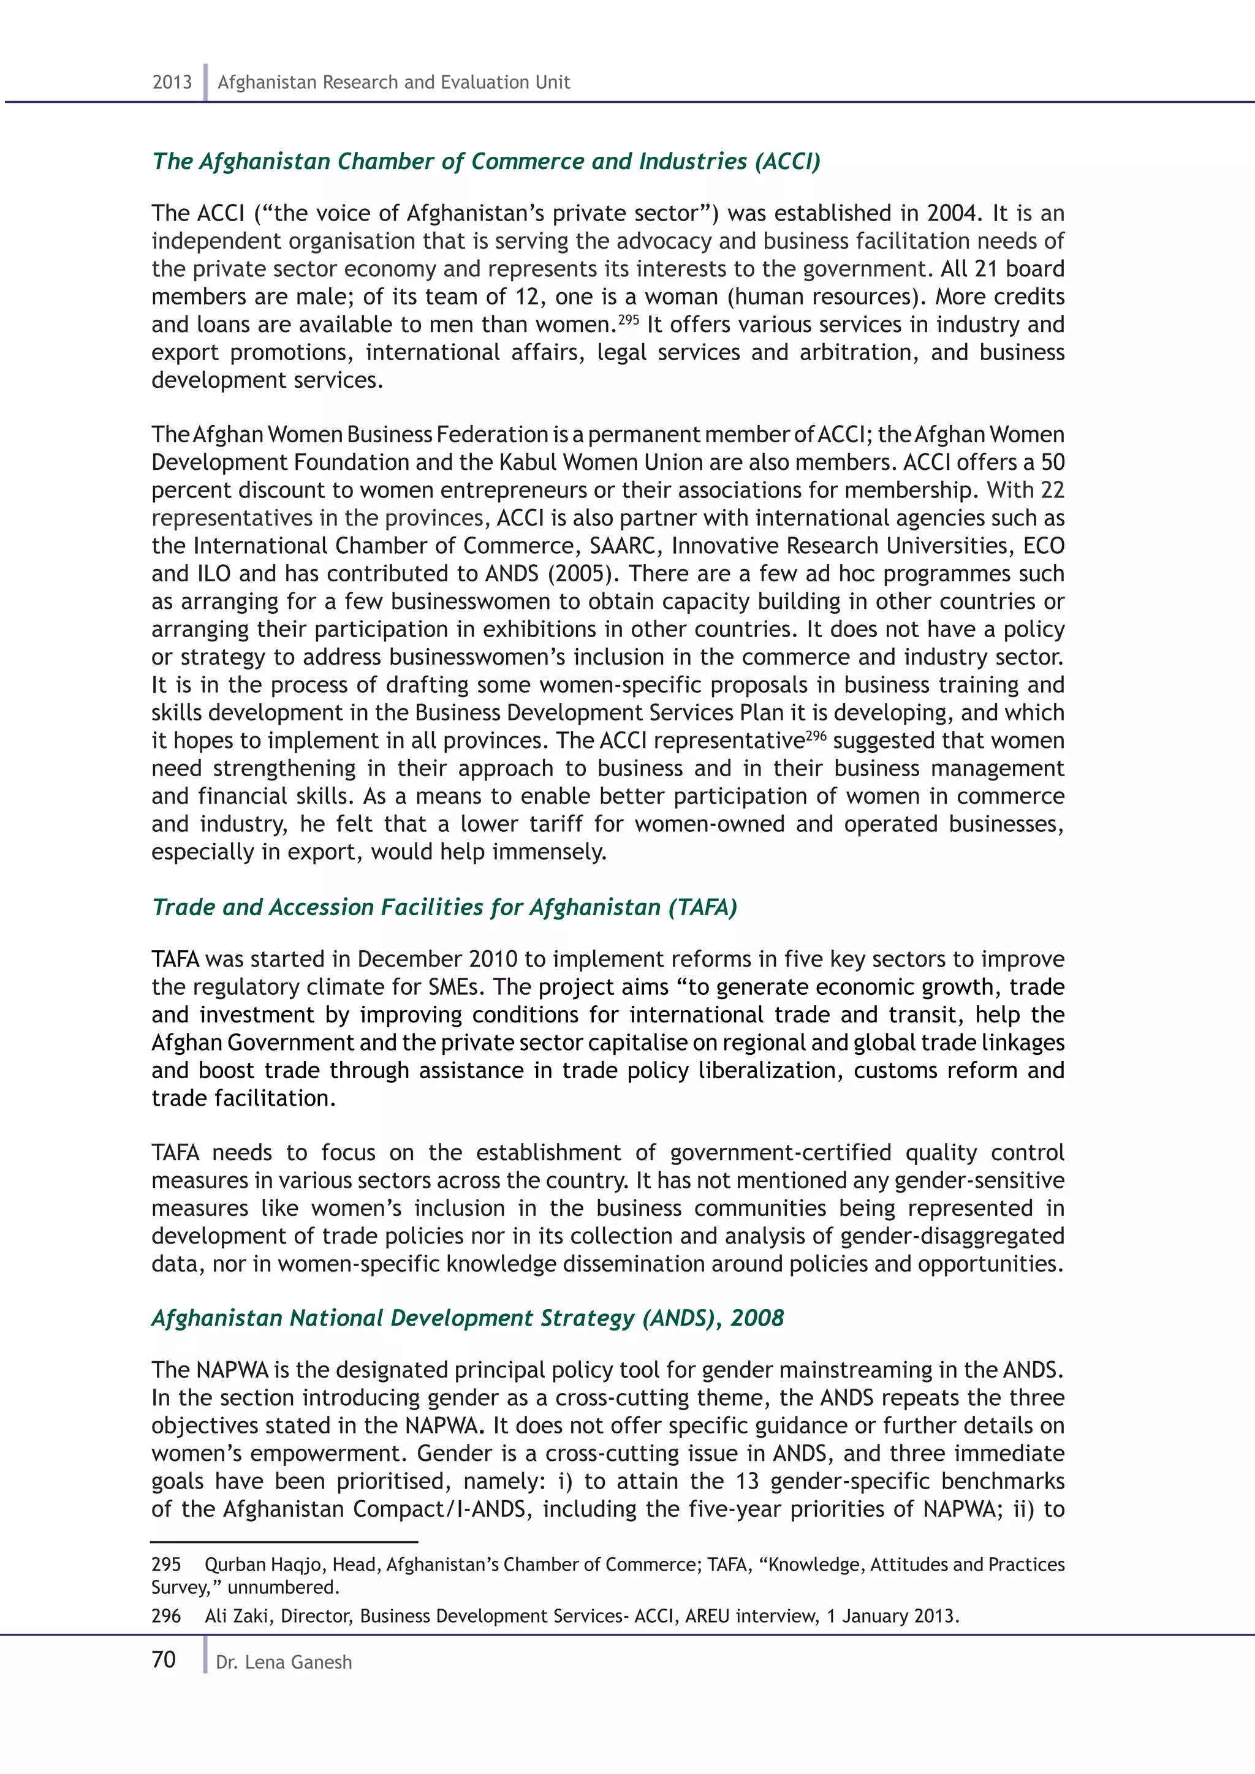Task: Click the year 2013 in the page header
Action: [x=172, y=82]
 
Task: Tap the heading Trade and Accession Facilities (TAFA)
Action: [x=444, y=907]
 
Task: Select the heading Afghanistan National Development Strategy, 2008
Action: [x=468, y=1318]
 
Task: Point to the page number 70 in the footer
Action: [x=164, y=1659]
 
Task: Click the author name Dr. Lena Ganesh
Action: [x=284, y=1662]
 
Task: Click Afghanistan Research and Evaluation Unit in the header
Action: [x=393, y=82]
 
